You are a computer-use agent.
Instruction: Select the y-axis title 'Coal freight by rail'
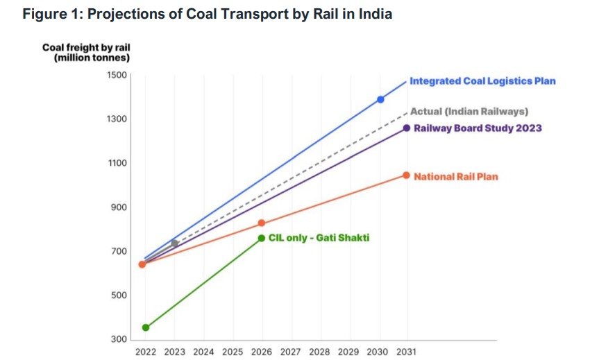(86, 47)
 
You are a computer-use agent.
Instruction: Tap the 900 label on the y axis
(119, 207)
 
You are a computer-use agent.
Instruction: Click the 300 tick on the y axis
(119, 340)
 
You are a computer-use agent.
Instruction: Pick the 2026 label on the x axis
(262, 352)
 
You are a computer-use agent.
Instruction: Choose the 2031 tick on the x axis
(406, 352)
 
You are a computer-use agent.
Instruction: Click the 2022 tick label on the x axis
(146, 352)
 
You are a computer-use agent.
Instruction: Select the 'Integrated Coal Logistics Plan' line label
(482, 81)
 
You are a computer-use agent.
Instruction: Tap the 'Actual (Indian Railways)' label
(469, 111)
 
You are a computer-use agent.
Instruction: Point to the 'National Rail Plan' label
(456, 177)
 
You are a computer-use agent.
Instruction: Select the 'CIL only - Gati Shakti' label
(319, 238)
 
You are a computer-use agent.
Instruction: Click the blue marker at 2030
(380, 99)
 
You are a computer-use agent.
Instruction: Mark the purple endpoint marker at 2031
(407, 128)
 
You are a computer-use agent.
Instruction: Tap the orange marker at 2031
(407, 175)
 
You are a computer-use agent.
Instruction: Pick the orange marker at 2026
(262, 223)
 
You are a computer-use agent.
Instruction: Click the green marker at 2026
(262, 238)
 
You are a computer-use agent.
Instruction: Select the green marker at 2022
(146, 327)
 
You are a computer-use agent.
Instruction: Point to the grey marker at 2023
(175, 243)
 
